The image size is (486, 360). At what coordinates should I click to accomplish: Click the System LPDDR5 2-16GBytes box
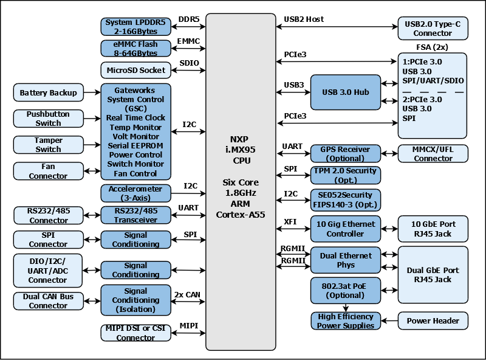136,26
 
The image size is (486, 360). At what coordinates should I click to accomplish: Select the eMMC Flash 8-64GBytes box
136,49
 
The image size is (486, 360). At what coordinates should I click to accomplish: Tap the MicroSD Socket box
136,71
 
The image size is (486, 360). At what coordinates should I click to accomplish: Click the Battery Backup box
49,93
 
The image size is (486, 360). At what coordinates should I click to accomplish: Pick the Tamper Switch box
49,145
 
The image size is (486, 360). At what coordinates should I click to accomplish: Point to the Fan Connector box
49,171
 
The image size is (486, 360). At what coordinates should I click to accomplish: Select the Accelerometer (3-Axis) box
136,193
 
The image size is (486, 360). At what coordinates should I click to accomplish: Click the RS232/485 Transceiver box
136,215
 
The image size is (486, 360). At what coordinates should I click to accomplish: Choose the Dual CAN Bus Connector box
49,301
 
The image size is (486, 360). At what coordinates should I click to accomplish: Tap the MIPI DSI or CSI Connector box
136,333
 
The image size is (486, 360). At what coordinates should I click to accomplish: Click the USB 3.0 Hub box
345,92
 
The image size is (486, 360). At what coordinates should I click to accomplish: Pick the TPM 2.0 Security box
346,175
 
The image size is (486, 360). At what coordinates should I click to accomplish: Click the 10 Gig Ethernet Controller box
346,229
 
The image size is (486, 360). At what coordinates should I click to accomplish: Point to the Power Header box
433,320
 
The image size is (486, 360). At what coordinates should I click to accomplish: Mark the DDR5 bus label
188,19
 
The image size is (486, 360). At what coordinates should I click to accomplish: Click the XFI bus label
290,222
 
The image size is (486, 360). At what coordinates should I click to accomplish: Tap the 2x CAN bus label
187,295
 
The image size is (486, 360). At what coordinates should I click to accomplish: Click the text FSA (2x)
433,47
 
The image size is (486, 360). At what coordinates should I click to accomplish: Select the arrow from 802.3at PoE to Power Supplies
346,308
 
